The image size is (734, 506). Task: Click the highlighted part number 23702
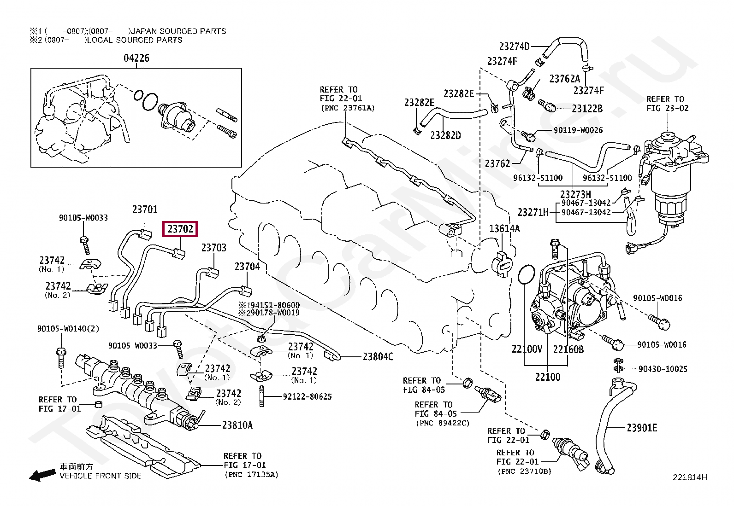181,229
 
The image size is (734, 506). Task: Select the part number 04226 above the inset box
136,58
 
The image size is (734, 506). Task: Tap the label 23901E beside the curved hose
642,428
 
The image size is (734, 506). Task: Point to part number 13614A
504,228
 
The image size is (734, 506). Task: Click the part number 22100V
527,349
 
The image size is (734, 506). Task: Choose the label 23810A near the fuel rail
237,425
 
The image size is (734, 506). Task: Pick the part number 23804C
378,356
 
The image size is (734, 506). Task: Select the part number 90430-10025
663,369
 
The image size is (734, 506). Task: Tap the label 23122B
587,109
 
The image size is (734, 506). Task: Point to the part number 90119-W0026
578,130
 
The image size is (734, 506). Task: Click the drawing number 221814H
689,477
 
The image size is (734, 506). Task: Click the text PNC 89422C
443,423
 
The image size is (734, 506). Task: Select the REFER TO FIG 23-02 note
667,104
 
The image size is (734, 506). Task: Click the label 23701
145,209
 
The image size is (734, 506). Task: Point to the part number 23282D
445,135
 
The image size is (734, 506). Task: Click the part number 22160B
568,349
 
